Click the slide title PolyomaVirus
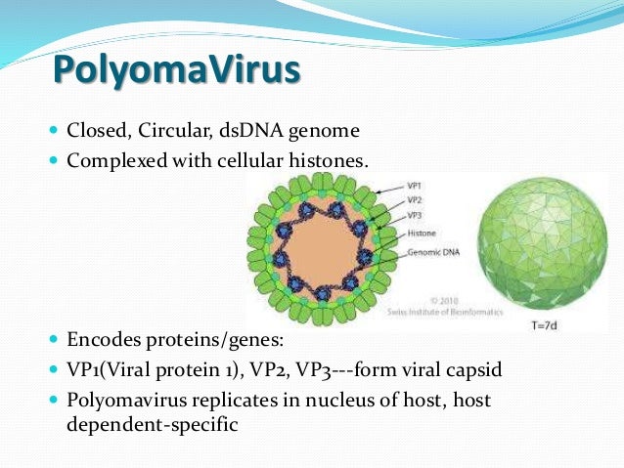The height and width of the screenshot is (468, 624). (175, 71)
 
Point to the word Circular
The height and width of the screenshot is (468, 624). (173, 129)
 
